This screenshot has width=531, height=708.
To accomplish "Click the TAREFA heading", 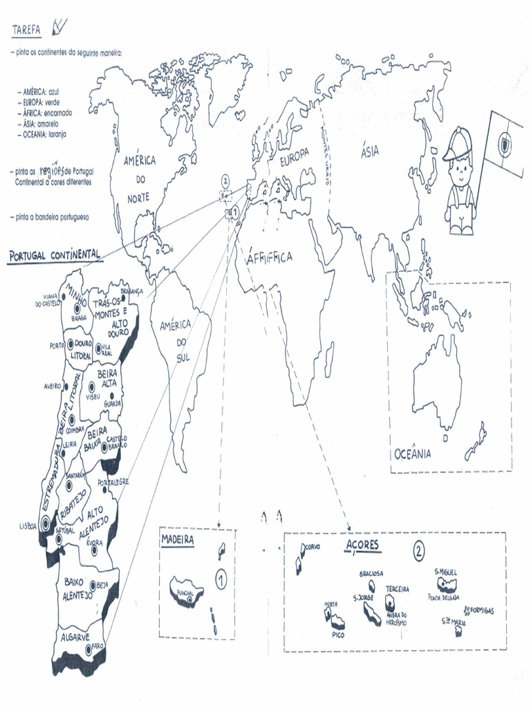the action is pos(27,30).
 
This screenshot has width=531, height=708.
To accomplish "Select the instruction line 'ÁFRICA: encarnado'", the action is pos(48,112).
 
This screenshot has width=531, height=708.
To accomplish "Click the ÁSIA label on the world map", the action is pos(370,151).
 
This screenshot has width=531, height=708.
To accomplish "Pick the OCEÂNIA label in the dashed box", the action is pos(413,454).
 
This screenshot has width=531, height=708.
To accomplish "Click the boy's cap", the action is pos(457,145).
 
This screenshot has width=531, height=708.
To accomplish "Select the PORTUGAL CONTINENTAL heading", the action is pos(54,256).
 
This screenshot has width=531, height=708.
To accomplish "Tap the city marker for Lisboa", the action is pos(46,523).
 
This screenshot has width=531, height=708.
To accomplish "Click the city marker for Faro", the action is pos(88,649).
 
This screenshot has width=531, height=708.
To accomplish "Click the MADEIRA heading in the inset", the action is pos(177,539).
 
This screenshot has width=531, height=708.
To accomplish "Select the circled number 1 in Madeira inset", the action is pos(221,579).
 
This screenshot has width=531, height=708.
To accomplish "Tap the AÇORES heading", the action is pos(362,546).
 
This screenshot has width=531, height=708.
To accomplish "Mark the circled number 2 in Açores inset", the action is pos(419,551).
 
